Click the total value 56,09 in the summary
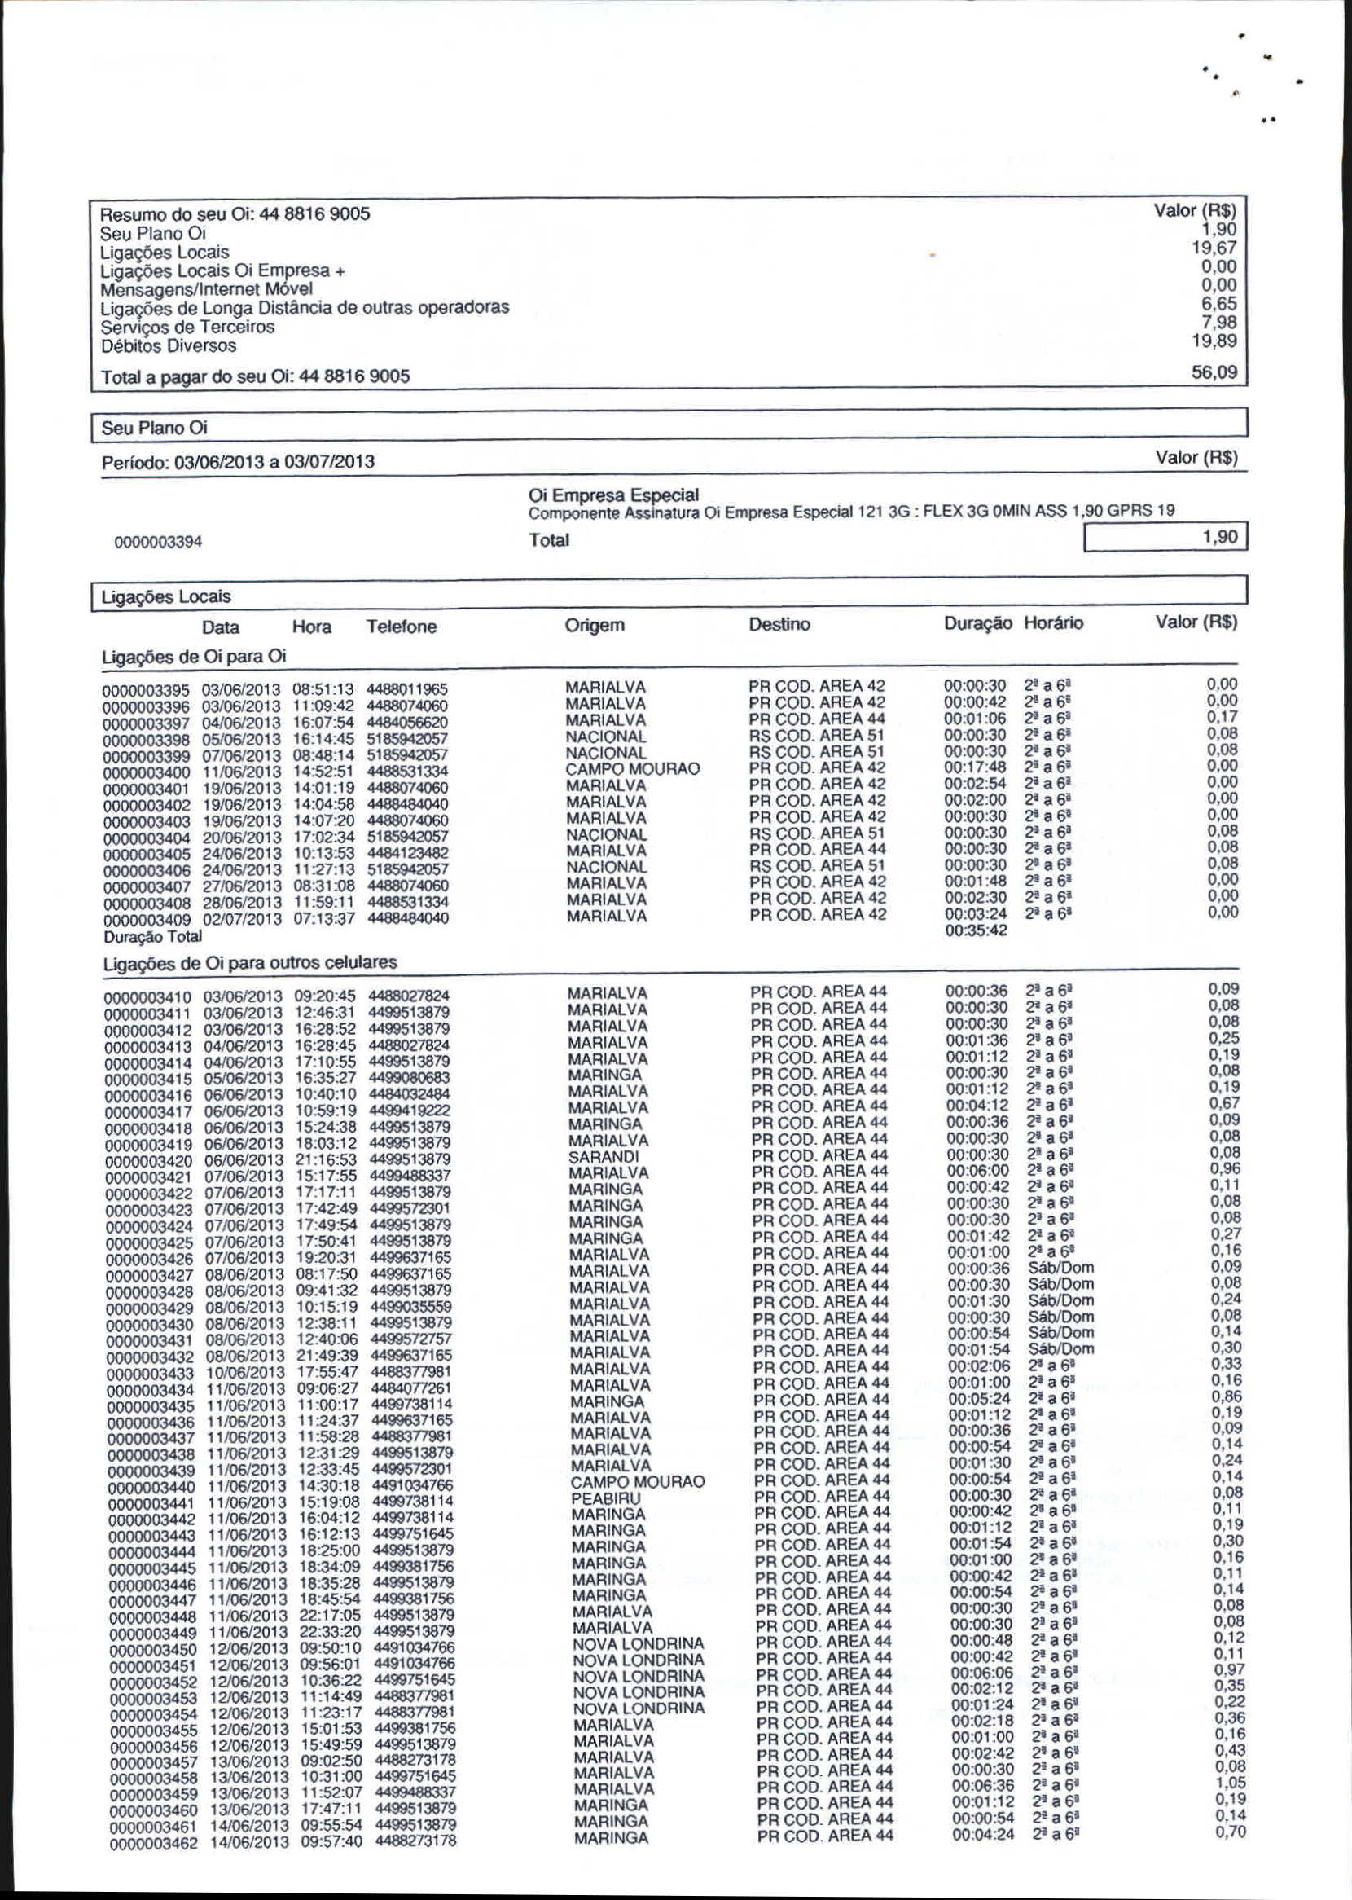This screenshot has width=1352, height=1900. pos(1214,372)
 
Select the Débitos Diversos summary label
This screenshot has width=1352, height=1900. pos(168,345)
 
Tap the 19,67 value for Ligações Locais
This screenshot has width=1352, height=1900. pos(1214,248)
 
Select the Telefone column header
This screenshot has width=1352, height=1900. pos(402,627)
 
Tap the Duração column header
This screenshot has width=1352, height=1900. pos(977,623)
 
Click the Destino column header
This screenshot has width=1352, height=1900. pos(779,624)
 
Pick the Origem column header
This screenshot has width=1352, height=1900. pos(595,625)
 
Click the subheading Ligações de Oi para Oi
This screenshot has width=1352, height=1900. pos(193,656)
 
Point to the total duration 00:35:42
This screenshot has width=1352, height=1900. pos(976,930)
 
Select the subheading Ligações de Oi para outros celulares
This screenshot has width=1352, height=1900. pos(250,962)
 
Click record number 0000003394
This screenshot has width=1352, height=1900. pos(158,542)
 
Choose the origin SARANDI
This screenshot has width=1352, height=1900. pos(604,1156)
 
